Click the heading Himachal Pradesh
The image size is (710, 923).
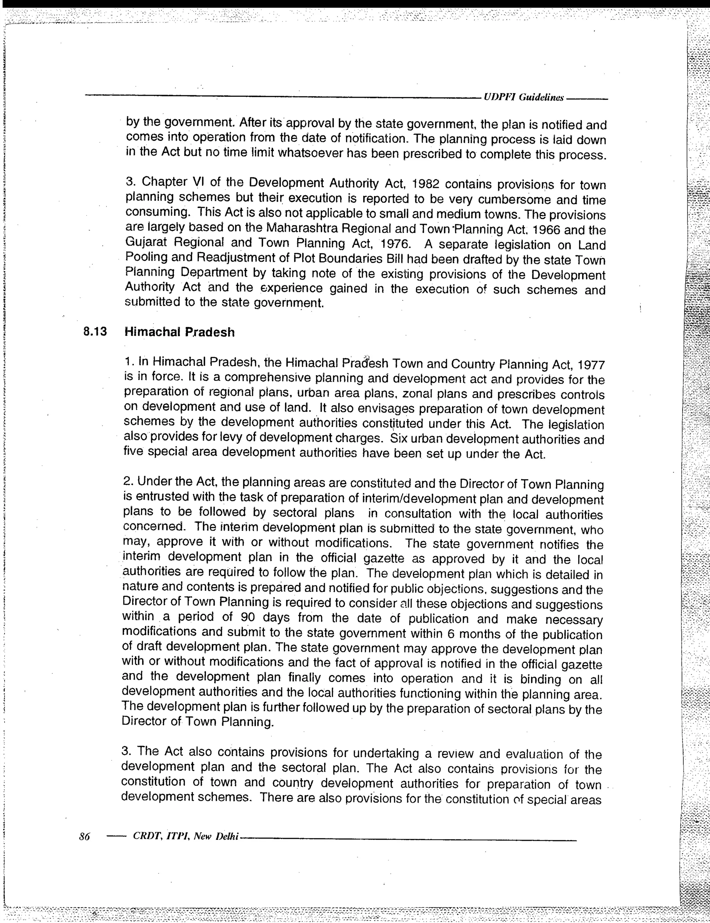point(179,332)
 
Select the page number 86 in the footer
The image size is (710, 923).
point(85,836)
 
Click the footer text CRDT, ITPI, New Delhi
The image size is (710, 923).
point(186,836)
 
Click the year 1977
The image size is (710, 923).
point(591,364)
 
